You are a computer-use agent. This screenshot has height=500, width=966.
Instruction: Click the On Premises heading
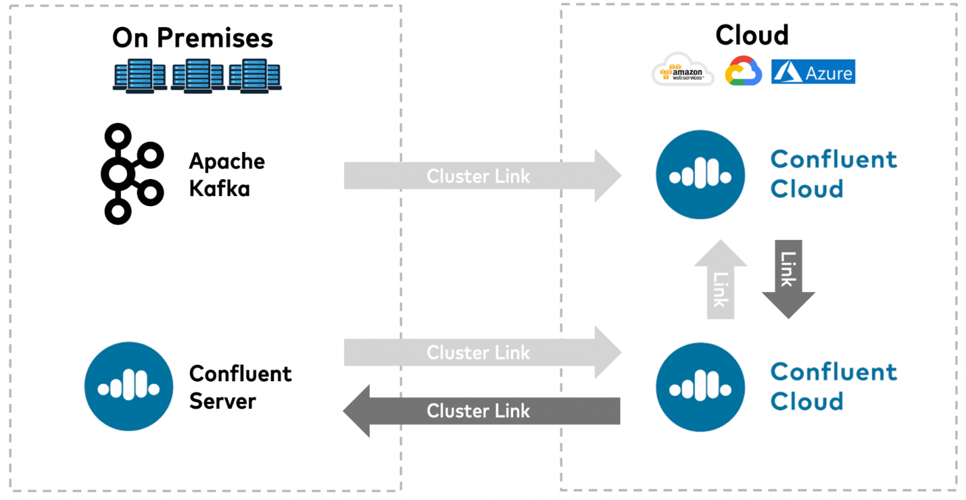click(192, 38)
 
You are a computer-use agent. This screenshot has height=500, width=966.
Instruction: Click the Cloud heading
click(752, 35)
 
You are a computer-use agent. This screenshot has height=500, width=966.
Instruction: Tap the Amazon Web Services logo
click(682, 70)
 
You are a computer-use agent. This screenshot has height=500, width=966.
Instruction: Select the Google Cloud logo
click(743, 71)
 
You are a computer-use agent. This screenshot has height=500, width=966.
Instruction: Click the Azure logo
click(813, 72)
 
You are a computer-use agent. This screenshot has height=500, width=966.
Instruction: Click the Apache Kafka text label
click(226, 175)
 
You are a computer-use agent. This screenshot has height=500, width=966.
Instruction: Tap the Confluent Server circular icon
click(129, 386)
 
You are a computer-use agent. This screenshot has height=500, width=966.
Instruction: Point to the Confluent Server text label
click(240, 387)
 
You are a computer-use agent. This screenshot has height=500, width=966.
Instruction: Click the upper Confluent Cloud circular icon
click(700, 175)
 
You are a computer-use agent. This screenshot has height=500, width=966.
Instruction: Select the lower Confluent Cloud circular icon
click(700, 387)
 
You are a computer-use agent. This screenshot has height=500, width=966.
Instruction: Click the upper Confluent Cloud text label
click(833, 174)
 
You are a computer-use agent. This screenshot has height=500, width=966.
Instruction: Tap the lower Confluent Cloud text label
click(833, 386)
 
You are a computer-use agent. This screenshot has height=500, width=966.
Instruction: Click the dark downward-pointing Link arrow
click(788, 276)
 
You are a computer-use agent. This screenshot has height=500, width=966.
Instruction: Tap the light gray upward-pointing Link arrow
click(720, 283)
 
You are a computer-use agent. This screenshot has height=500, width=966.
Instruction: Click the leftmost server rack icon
click(140, 77)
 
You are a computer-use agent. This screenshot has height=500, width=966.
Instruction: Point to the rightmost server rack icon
click(254, 77)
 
